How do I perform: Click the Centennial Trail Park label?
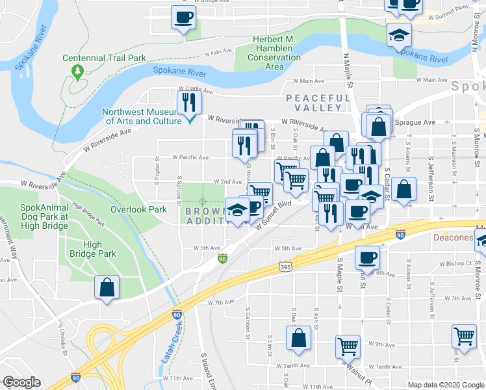click(104, 58)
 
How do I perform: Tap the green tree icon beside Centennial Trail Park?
click(78, 70)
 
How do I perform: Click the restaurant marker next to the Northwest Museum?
click(189, 103)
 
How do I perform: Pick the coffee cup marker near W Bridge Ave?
click(183, 16)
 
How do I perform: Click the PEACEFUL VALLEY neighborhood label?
click(313, 102)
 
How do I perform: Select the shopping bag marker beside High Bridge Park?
click(107, 287)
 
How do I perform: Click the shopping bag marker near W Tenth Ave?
click(298, 338)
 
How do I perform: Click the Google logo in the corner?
click(21, 382)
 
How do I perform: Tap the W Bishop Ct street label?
click(454, 263)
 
